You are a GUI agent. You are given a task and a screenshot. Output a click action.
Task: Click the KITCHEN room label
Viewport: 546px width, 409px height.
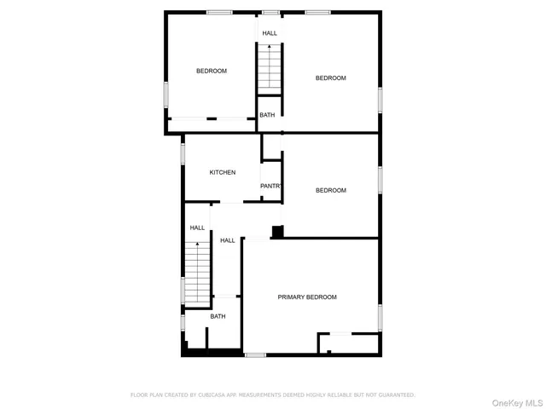pyautogui.click(x=223, y=172)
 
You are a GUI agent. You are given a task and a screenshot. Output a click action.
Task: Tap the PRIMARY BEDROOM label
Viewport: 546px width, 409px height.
pyautogui.click(x=307, y=297)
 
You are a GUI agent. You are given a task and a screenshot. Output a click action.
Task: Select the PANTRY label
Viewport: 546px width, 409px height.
pyautogui.click(x=271, y=186)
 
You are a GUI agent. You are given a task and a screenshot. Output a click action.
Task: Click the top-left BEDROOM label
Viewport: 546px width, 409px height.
pyautogui.click(x=212, y=71)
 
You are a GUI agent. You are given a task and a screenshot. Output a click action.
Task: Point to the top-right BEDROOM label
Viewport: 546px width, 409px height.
pyautogui.click(x=331, y=78)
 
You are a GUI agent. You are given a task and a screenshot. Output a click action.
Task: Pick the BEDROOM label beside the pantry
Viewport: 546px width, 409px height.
pyautogui.click(x=331, y=190)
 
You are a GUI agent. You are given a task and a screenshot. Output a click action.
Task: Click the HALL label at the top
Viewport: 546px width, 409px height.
pyautogui.click(x=270, y=33)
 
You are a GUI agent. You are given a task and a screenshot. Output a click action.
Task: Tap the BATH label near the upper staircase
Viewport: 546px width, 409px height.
pyautogui.click(x=268, y=115)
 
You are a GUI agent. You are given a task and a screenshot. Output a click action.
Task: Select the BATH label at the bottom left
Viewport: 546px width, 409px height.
pyautogui.click(x=218, y=316)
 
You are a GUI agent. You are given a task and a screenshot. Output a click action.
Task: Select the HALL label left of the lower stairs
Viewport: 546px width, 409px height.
pyautogui.click(x=197, y=228)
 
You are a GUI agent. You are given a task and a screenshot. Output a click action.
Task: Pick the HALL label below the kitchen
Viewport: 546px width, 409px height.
pyautogui.click(x=228, y=240)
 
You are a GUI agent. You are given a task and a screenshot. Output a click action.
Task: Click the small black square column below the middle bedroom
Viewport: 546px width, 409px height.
pyautogui.click(x=276, y=231)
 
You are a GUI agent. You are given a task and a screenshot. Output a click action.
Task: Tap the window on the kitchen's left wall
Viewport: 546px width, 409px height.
pyautogui.click(x=183, y=153)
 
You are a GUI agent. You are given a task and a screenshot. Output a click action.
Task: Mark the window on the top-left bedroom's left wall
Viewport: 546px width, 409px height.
pyautogui.click(x=166, y=94)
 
